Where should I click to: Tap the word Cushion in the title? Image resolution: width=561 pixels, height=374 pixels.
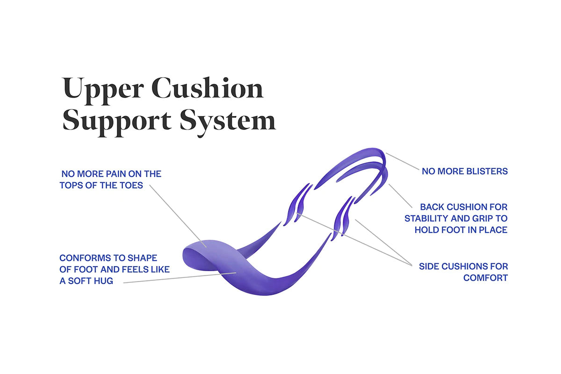pyautogui.click(x=208, y=89)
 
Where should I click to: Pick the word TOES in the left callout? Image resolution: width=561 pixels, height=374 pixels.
pyautogui.click(x=133, y=185)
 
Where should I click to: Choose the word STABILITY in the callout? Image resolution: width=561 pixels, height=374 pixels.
pyautogui.click(x=426, y=218)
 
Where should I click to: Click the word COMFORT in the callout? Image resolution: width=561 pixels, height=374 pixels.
pyautogui.click(x=485, y=278)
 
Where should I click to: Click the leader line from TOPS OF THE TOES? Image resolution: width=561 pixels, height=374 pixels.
pyautogui.click(x=178, y=215)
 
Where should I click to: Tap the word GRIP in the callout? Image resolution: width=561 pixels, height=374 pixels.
pyautogui.click(x=477, y=218)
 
